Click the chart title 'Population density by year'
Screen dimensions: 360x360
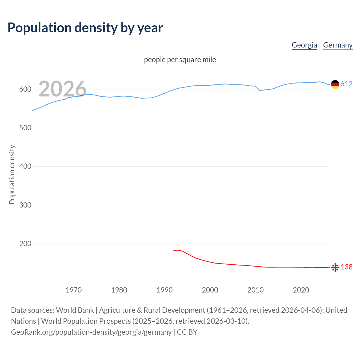tap(85, 28)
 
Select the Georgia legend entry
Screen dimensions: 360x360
tap(304, 45)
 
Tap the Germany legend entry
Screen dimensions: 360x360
tap(337, 45)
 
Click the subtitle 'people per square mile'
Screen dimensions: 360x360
tap(180, 60)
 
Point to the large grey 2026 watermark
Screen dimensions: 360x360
tap(62, 89)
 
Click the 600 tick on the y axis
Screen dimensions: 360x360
tap(25, 89)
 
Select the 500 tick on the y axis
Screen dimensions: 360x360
tap(25, 128)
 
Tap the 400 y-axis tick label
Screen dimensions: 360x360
tap(25, 166)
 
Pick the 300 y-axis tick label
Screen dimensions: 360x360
tap(25, 205)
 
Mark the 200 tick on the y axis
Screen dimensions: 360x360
tap(25, 244)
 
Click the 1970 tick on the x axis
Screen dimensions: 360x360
tap(74, 290)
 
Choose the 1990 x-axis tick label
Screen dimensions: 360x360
tap(165, 290)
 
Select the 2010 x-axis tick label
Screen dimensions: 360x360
tap(255, 290)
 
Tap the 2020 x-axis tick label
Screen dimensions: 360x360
tap(301, 290)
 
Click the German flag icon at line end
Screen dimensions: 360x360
tap(335, 84)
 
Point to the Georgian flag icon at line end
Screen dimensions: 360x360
tap(335, 267)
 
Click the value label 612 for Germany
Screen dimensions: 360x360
tap(346, 84)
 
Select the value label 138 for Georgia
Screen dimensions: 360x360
tap(346, 267)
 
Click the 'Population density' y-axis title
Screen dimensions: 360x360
tap(12, 174)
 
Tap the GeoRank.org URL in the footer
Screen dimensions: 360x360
tap(91, 332)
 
